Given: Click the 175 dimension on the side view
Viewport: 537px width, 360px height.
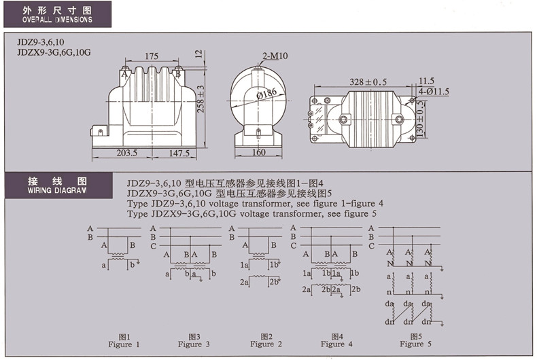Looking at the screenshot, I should (x=151, y=56).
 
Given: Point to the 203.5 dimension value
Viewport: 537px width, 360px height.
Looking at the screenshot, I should (x=126, y=154).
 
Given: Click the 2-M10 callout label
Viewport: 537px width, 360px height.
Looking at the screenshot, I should (x=275, y=55).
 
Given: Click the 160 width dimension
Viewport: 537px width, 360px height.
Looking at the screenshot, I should (x=259, y=154).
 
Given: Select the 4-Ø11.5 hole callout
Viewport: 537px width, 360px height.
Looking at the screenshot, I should (x=434, y=90).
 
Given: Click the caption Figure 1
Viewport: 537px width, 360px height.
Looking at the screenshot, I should (x=124, y=344).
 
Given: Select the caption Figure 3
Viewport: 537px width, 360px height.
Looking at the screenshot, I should (x=194, y=344).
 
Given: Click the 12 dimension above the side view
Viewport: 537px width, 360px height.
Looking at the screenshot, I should (x=198, y=53).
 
